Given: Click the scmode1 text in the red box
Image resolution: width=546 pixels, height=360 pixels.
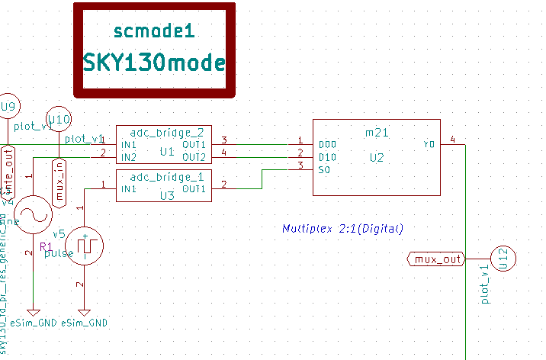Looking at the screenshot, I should [154, 31].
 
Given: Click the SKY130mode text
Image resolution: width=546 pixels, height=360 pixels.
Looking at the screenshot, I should [154, 62].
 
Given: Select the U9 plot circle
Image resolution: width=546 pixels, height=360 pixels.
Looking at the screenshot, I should [8, 106].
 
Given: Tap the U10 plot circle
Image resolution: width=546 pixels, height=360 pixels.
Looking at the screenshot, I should [59, 119].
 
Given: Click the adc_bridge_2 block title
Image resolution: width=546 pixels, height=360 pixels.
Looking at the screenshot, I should [162, 130].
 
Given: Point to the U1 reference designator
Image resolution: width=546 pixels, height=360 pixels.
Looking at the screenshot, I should [167, 152].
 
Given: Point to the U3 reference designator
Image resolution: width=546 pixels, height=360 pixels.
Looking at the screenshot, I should [167, 195].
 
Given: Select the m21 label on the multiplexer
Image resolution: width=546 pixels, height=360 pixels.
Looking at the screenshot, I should [377, 133].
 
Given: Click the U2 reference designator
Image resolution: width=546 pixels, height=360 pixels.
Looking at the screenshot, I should [377, 157].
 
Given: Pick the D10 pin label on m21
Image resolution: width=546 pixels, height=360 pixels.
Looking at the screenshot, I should [328, 157].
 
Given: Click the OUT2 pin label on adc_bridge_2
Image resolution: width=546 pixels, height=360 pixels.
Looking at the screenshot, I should [194, 157].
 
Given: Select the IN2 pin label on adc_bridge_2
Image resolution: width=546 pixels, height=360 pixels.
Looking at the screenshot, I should [128, 157].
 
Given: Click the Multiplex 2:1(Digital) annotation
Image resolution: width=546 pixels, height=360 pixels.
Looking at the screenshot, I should [342, 228].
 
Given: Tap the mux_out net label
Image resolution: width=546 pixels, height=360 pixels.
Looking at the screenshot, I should [438, 259].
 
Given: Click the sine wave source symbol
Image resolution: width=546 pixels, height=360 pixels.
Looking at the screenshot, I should [33, 214].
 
